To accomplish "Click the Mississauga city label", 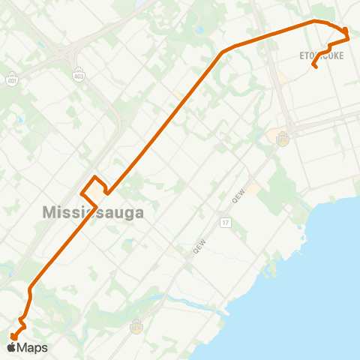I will pos(93,212).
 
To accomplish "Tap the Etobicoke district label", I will pos(322,55).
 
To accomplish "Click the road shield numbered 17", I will pos(224,223).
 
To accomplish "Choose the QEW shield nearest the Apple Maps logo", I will pos(136,326).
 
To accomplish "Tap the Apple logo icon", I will pos(13,346).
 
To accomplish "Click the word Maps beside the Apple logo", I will pos(32,347).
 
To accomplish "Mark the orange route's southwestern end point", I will pos(13,337).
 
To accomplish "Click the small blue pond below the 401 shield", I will pos(19,120).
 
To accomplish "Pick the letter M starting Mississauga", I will pos(49,212).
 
